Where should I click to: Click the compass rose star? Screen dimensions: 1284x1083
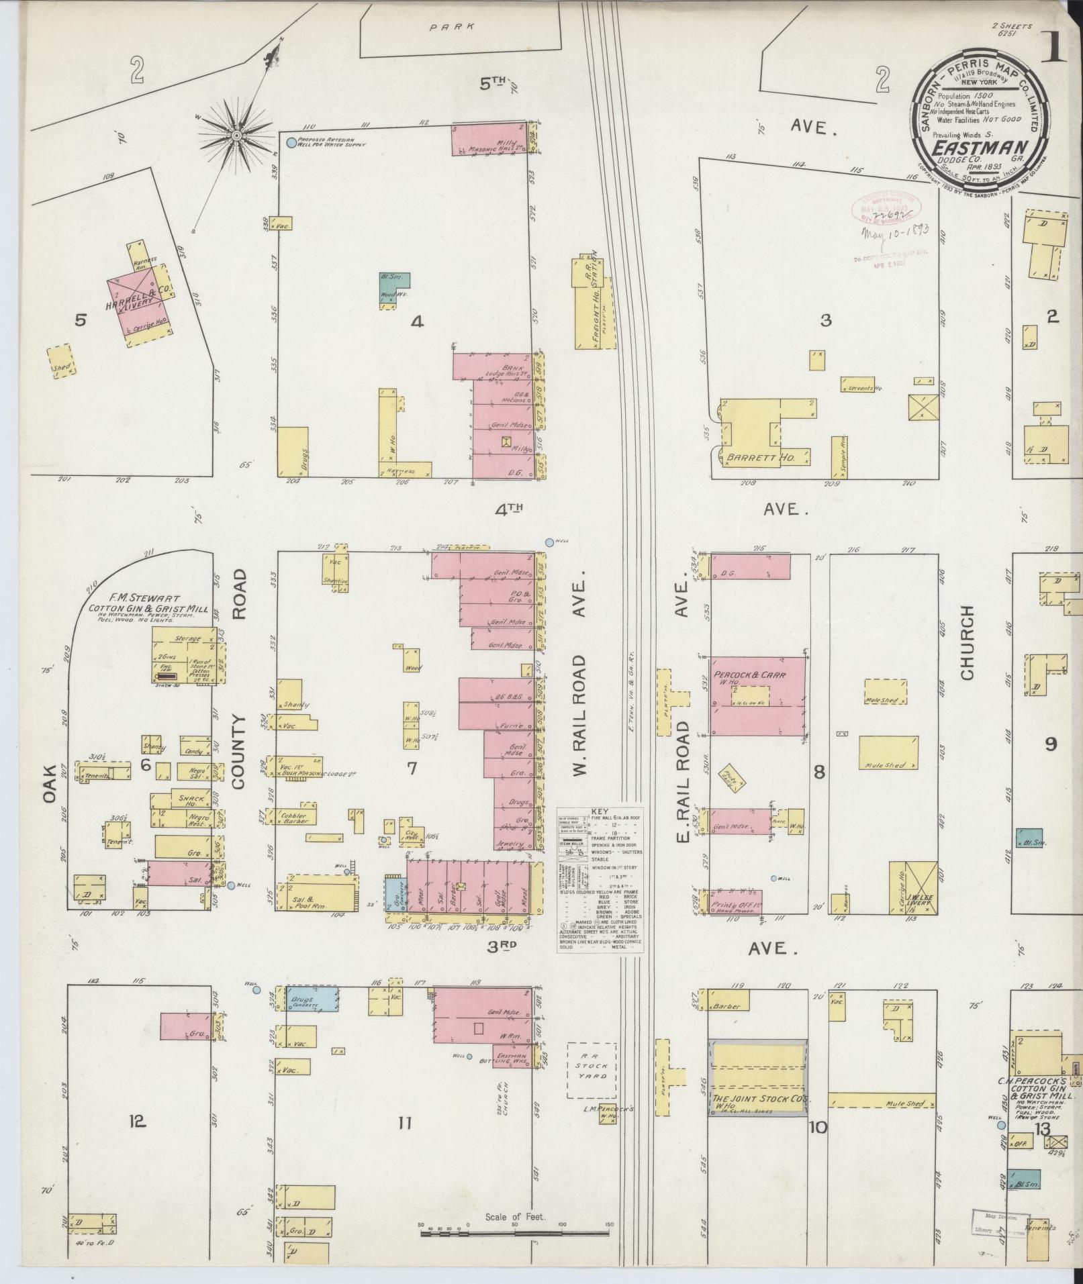click(x=236, y=136)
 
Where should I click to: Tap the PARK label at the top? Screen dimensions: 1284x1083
click(x=461, y=27)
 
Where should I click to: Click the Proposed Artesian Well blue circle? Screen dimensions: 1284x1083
click(x=291, y=143)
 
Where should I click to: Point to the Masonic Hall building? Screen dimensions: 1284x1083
click(x=497, y=139)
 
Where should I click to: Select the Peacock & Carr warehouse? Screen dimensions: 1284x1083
click(x=758, y=695)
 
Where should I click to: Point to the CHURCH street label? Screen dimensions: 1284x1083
click(x=968, y=642)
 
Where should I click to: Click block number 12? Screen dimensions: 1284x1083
click(x=137, y=1120)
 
